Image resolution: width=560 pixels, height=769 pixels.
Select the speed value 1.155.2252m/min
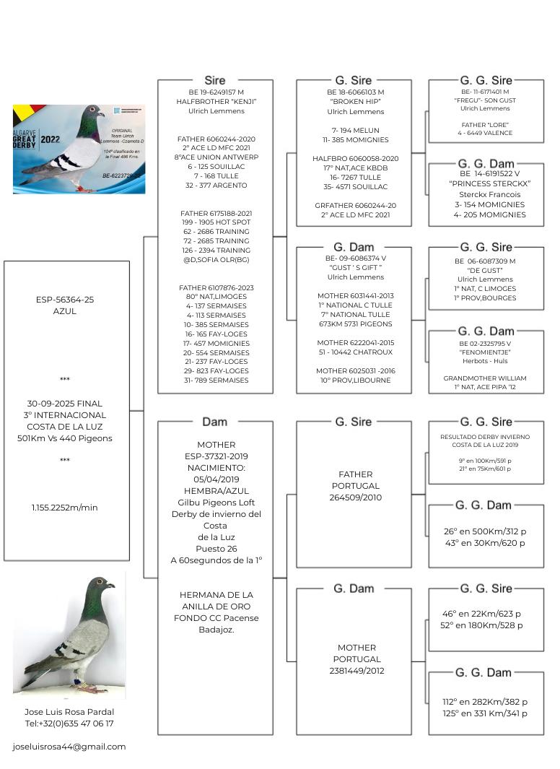pos(65,508)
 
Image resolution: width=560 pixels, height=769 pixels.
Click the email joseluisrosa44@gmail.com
pos(69,747)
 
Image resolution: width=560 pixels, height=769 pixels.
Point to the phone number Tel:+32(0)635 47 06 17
pos(69,724)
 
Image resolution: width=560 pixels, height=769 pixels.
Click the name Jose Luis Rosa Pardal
pos(69,712)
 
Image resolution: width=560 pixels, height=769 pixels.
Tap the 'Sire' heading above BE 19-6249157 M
pos(215,81)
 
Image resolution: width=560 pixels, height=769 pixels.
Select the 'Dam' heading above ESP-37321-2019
pos(215,422)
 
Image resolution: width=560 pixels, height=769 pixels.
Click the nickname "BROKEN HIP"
pos(355,103)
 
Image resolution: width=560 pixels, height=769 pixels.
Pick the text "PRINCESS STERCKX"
pos(489,183)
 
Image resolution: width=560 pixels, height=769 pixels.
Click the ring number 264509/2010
pos(355,498)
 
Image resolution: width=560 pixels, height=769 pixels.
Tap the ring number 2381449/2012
pos(355,671)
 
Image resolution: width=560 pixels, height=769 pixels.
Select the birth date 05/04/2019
pos(215,479)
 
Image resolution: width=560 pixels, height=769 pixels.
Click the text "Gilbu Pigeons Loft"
pos(215,503)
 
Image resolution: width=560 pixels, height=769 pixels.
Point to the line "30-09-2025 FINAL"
pos(65,404)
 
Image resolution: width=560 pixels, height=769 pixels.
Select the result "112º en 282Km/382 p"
pos(485,702)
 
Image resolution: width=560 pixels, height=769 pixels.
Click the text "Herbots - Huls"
pos(485,361)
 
